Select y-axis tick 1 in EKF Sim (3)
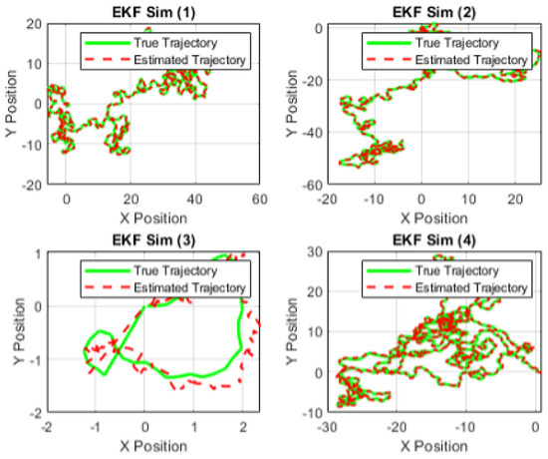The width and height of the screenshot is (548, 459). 37,253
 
